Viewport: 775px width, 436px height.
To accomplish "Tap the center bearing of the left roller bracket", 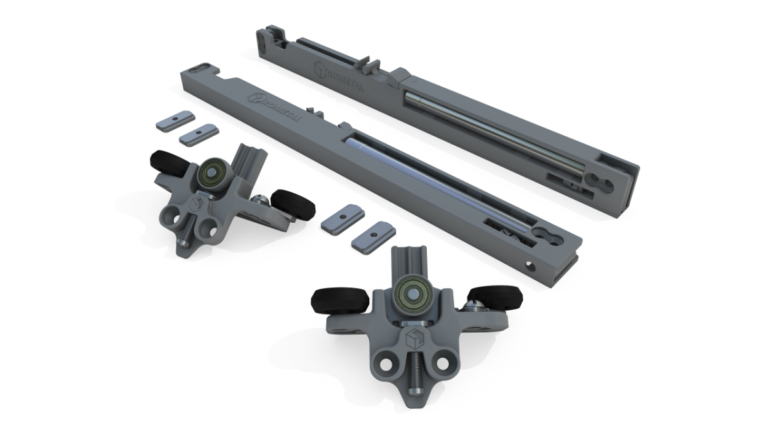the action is click(211, 172).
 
